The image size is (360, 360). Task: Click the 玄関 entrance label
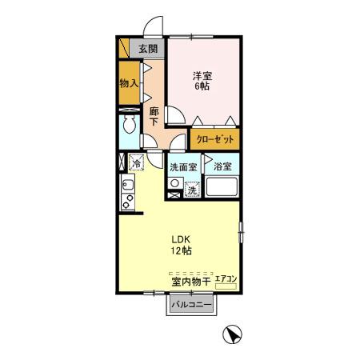[148, 49]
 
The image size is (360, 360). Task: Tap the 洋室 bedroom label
[202, 76]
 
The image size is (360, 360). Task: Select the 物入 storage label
[129, 83]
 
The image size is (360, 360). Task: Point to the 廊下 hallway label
[154, 116]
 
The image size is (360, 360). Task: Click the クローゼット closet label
[215, 139]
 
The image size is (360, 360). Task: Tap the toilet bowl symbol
[130, 124]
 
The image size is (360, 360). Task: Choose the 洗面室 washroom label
[183, 167]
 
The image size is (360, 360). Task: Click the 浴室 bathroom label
[222, 166]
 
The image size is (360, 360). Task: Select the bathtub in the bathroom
[222, 186]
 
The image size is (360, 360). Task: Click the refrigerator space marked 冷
[137, 162]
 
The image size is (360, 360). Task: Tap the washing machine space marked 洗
[192, 190]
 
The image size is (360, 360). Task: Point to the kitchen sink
[128, 184]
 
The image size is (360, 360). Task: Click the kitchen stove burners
[128, 202]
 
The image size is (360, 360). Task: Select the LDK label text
[181, 239]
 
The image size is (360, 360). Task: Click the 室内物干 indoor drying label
[191, 282]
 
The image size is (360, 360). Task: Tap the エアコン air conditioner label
[226, 279]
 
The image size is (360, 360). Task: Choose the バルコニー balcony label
[191, 305]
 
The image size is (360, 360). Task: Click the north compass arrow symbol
[232, 334]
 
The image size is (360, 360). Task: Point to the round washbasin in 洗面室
[175, 183]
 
